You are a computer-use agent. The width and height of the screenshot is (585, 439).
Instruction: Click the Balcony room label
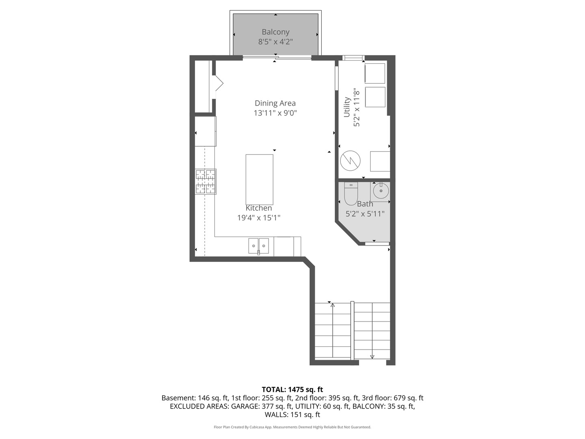(275, 32)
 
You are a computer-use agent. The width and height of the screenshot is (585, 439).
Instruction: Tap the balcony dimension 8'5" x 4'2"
(275, 41)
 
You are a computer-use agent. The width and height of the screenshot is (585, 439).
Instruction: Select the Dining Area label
(275, 103)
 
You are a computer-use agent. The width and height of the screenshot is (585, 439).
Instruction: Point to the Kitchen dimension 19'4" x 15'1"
(259, 218)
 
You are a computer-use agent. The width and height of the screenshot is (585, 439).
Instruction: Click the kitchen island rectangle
(259, 179)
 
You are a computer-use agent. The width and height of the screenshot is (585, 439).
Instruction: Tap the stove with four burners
(206, 181)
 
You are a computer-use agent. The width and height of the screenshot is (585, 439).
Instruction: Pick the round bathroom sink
(381, 191)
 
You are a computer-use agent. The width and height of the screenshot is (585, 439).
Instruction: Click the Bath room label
(365, 204)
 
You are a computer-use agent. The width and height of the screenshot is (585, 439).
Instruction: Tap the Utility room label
(347, 107)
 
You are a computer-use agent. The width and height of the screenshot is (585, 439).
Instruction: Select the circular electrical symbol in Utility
(350, 161)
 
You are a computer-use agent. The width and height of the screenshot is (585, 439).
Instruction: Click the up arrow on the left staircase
(333, 305)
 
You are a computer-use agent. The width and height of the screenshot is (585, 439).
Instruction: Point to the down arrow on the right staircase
(372, 356)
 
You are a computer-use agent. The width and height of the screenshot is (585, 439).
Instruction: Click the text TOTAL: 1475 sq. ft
(292, 390)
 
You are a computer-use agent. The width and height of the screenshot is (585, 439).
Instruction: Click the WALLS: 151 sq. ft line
(292, 415)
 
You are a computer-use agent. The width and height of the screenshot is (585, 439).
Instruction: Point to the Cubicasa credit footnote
(292, 427)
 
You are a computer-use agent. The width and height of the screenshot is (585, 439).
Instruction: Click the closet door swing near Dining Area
(219, 84)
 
